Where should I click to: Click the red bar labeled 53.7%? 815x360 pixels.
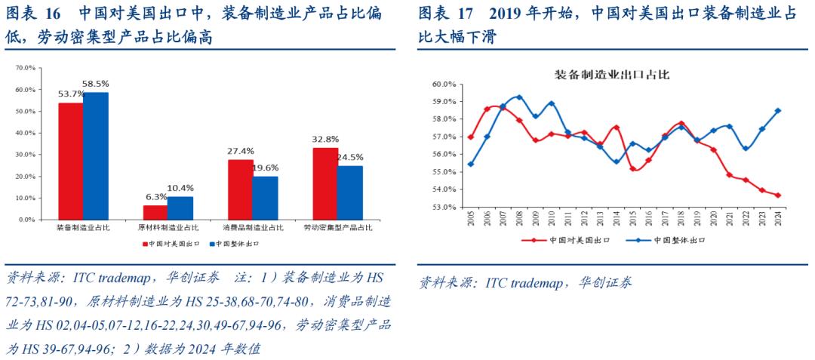pyautogui.click(x=71, y=161)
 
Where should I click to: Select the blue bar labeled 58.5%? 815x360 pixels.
pyautogui.click(x=95, y=155)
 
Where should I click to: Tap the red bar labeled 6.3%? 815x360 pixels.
pyautogui.click(x=155, y=212)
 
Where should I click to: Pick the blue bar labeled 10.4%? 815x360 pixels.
pyautogui.click(x=180, y=208)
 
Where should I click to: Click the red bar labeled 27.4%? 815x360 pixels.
pyautogui.click(x=240, y=189)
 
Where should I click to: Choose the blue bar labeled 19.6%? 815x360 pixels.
pyautogui.click(x=264, y=198)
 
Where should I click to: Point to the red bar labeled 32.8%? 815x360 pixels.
pyautogui.click(x=324, y=183)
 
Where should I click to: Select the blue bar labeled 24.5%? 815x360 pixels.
pyautogui.click(x=349, y=192)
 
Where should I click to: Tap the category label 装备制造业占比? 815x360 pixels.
pyautogui.click(x=83, y=227)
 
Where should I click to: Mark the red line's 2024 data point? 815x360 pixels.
pyautogui.click(x=777, y=195)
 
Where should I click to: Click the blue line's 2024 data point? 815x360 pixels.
pyautogui.click(x=777, y=110)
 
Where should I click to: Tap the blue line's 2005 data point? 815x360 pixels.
pyautogui.click(x=471, y=164)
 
